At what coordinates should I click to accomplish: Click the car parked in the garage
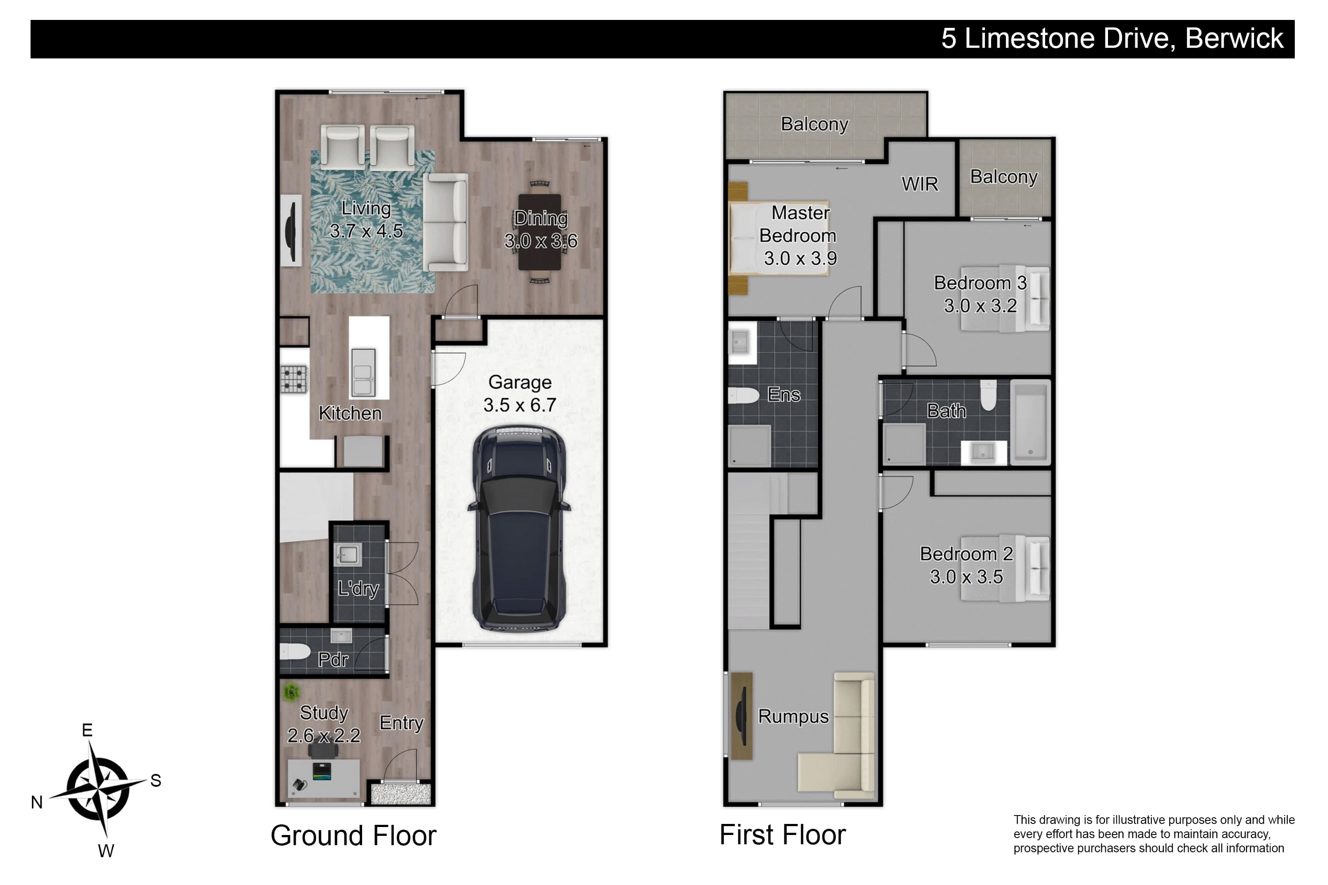[519, 529]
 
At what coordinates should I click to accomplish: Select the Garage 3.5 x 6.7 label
[519, 393]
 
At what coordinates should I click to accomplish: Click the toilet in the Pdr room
[295, 652]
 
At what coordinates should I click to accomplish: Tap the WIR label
[920, 184]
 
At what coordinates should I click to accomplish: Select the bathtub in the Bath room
[1030, 422]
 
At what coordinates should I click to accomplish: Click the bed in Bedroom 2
[1005, 568]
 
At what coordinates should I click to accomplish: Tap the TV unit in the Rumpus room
[741, 716]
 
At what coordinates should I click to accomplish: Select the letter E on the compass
[87, 731]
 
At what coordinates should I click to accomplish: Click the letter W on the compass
[106, 850]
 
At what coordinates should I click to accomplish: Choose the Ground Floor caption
[353, 835]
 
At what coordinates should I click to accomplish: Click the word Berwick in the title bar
[1234, 38]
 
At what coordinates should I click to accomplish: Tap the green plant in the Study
[291, 691]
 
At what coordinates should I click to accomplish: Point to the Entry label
[401, 723]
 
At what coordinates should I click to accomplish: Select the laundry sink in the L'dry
[347, 555]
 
